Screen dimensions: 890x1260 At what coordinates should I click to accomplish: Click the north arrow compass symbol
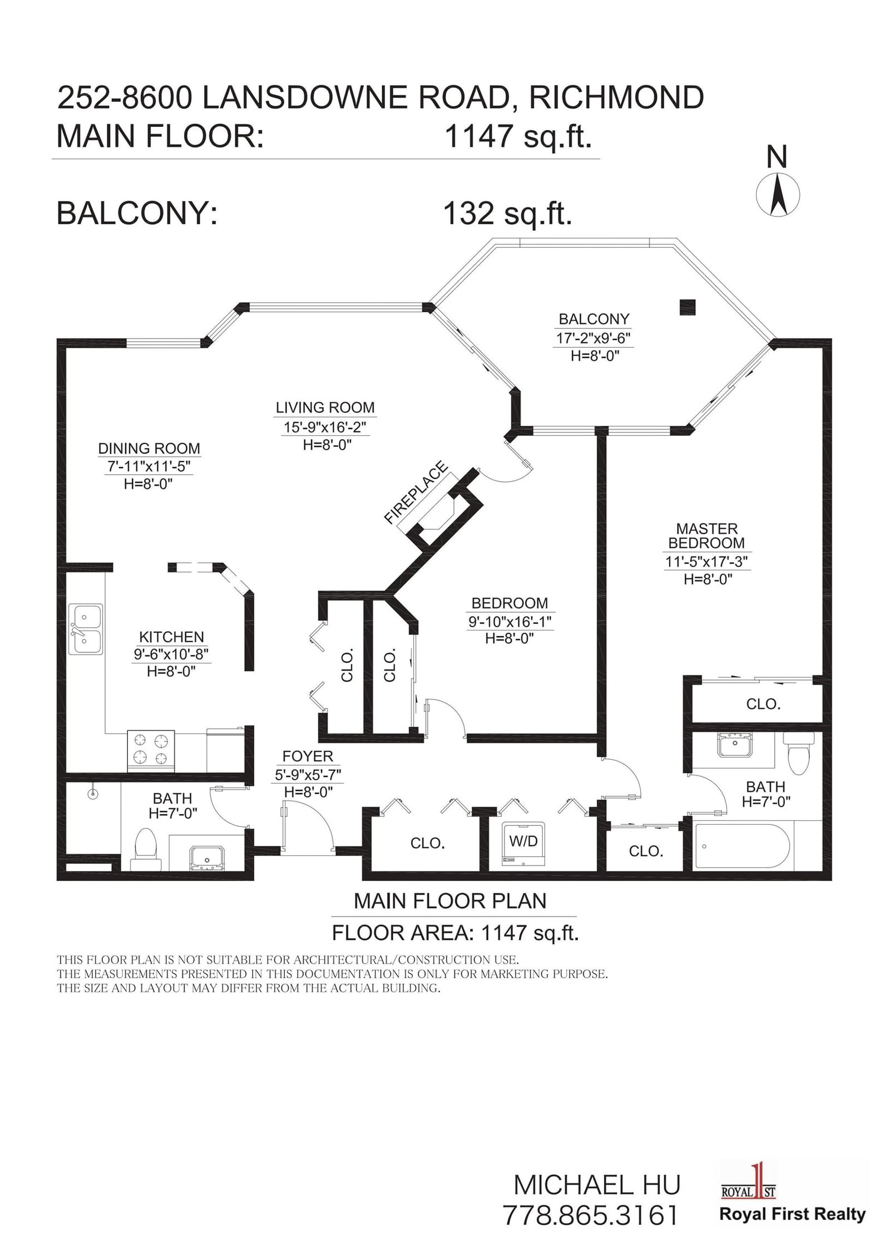(778, 195)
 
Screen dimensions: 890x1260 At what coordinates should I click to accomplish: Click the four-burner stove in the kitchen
(151, 751)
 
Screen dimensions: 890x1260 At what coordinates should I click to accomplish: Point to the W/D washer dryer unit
(523, 846)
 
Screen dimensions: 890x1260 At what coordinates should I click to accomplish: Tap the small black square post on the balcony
(688, 307)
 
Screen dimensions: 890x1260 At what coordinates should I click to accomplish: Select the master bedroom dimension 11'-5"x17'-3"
(707, 562)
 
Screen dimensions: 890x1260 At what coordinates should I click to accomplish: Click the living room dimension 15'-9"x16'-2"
(325, 427)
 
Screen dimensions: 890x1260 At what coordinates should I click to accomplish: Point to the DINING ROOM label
(149, 448)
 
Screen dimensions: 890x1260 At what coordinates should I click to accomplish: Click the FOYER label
(308, 756)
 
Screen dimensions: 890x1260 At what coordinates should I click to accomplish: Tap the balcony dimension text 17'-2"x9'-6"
(594, 338)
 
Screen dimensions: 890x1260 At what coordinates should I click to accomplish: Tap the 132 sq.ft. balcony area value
(507, 213)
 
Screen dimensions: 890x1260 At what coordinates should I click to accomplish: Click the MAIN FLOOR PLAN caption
(450, 901)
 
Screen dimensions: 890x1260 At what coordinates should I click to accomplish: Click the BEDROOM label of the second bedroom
(510, 603)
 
